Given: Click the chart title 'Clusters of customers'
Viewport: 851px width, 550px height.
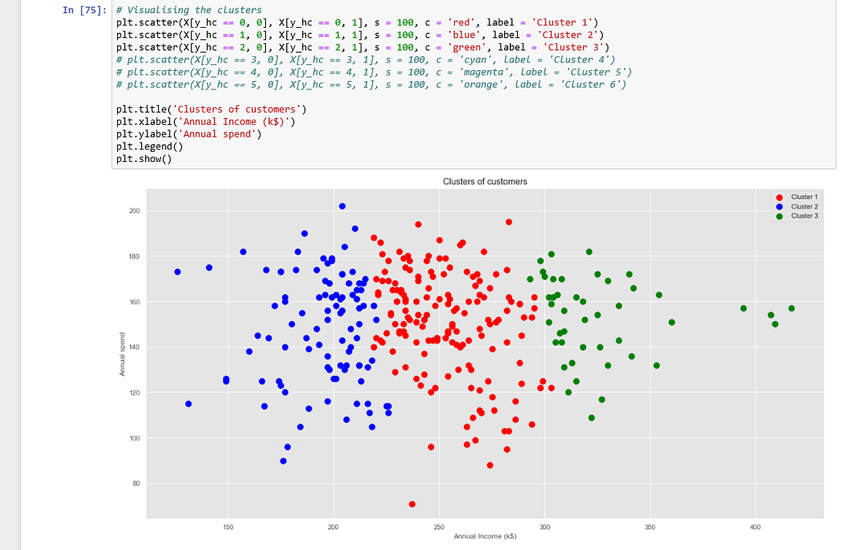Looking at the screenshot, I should click(485, 181).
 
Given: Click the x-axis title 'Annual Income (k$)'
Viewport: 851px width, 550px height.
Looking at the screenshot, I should click(485, 536).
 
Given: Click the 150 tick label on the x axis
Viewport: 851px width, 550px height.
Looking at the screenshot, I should click(227, 527).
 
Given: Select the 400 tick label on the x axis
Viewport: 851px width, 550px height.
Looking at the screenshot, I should click(755, 527).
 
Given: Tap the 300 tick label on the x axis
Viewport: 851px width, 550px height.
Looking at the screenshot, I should click(544, 527).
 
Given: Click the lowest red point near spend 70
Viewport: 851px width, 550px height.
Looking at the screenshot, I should click(412, 504).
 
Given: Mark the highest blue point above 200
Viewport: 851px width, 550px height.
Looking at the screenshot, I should click(342, 206).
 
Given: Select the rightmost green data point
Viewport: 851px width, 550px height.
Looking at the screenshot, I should click(791, 309).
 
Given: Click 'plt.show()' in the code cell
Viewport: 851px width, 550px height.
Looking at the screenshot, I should click(144, 159).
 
